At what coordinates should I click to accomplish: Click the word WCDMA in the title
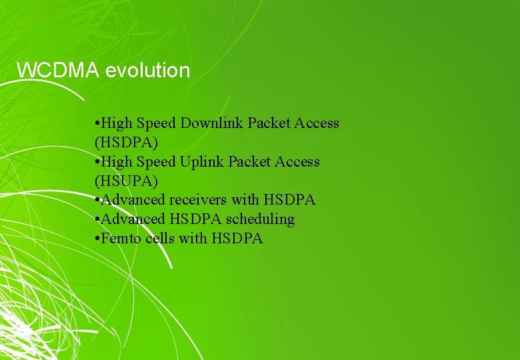click(x=59, y=70)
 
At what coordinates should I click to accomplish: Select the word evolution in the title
click(x=148, y=70)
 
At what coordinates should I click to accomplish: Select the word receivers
click(x=198, y=200)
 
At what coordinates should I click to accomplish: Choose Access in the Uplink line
click(x=297, y=162)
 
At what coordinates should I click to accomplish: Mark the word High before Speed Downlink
click(x=117, y=123)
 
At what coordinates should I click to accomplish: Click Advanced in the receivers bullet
click(x=133, y=200)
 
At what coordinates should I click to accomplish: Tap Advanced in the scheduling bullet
click(x=133, y=219)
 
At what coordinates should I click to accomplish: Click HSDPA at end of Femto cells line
click(x=237, y=239)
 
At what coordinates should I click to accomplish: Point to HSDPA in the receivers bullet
click(x=289, y=200)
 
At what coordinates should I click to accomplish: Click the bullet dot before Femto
click(x=97, y=239)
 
